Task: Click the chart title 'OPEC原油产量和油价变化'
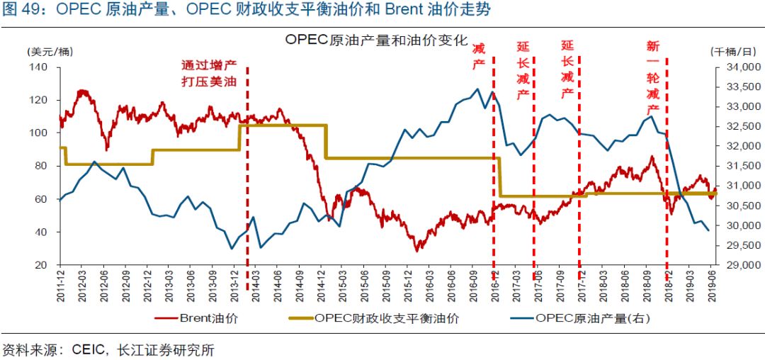point(377,40)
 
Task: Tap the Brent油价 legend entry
point(196,318)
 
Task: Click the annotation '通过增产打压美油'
point(210,74)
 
